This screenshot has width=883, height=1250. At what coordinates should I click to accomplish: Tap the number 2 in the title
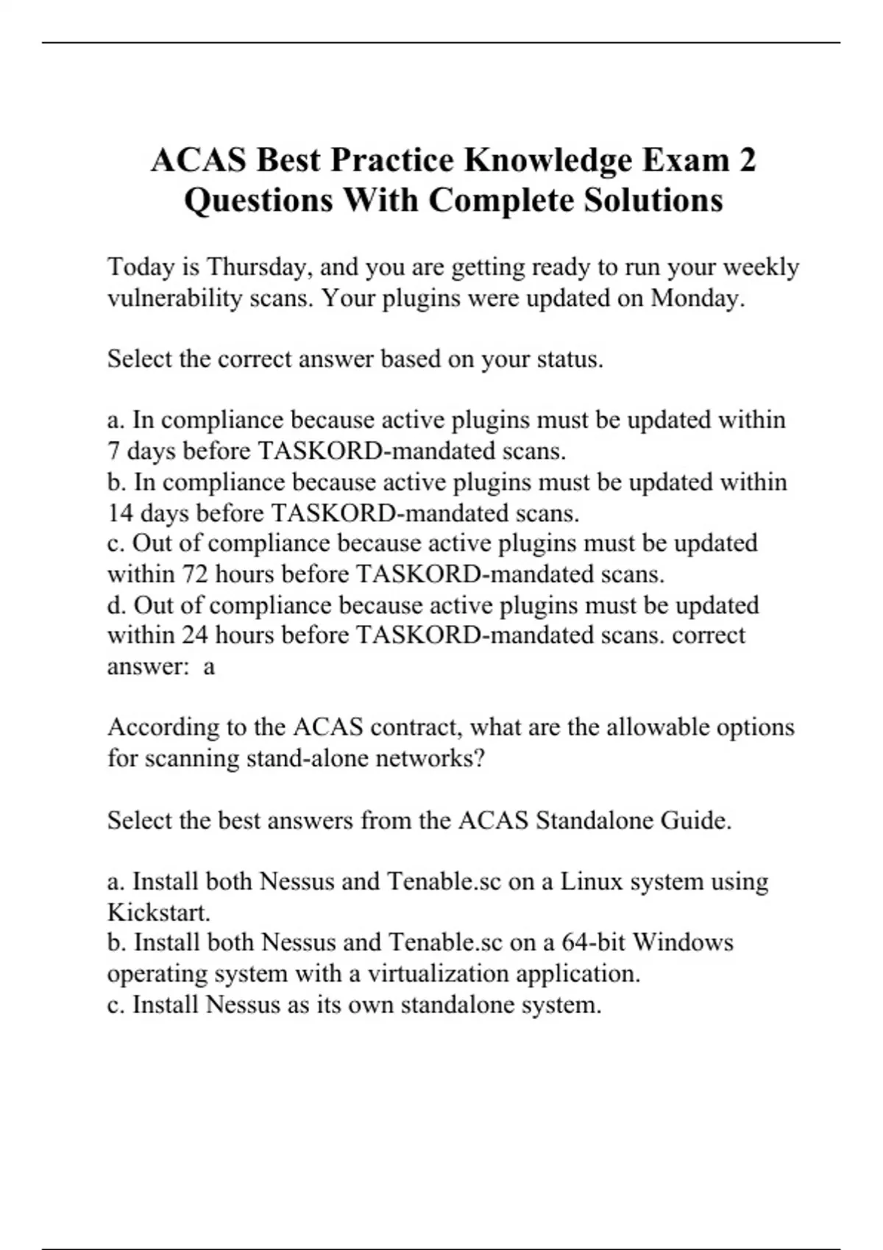pos(746,160)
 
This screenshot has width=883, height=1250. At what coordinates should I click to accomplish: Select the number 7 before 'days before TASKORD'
pos(113,451)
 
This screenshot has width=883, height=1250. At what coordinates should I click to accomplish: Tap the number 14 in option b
pos(120,512)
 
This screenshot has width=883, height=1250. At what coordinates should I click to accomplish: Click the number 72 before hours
pos(195,574)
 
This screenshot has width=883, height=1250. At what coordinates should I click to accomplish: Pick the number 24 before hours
pos(195,635)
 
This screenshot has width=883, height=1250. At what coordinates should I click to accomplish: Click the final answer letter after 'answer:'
pos(209,666)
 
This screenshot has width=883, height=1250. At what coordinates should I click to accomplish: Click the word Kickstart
pos(158,913)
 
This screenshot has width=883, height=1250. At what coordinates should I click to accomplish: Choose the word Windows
pos(683,943)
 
